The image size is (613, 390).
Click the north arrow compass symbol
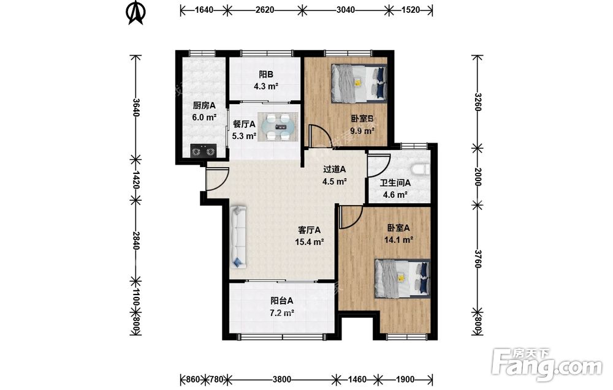135,12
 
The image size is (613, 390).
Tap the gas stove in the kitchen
204,150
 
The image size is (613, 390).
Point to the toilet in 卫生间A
421,170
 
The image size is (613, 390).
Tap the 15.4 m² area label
309,242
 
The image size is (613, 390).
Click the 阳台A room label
282,301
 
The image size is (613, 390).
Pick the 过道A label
335,170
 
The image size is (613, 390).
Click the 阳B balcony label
266,74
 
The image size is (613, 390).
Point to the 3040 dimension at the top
346,10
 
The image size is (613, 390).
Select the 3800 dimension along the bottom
281,379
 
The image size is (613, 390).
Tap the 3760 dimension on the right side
478,258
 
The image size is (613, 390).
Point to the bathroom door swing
379,167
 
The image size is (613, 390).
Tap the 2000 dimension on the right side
478,176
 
